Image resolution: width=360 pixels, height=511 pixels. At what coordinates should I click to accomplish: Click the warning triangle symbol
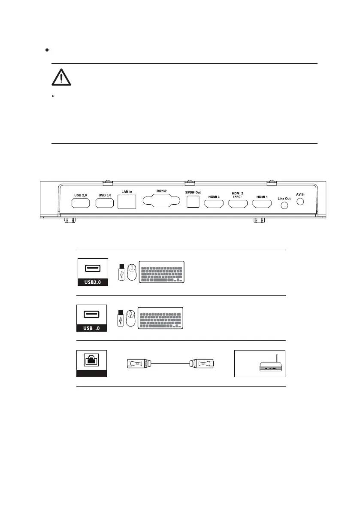tap(62, 77)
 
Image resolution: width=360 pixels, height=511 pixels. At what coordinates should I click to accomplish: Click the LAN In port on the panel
tap(127, 201)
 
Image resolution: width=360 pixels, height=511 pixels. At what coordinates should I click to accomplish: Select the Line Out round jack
tap(284, 206)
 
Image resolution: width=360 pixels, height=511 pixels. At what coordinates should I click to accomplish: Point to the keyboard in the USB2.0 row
tap(161, 272)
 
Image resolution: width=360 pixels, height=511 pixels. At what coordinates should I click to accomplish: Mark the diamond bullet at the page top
tap(46, 50)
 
